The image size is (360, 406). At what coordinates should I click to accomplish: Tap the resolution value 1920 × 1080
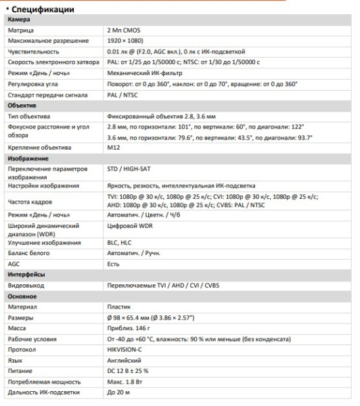(x=127, y=41)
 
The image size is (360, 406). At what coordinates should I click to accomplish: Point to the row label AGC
(x=15, y=264)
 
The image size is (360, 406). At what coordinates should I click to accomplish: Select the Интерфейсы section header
(x=26, y=275)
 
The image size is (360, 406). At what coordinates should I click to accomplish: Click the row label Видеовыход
(x=26, y=285)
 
